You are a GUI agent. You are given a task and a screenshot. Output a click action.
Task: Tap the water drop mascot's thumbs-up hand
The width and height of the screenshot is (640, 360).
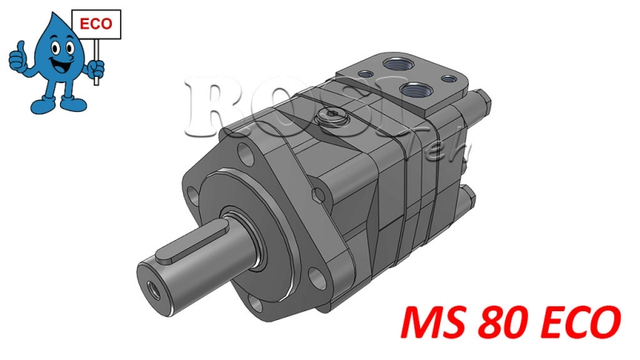click(18, 57)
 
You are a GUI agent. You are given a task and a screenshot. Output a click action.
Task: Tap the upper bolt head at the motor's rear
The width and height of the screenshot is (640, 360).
click(484, 102)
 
